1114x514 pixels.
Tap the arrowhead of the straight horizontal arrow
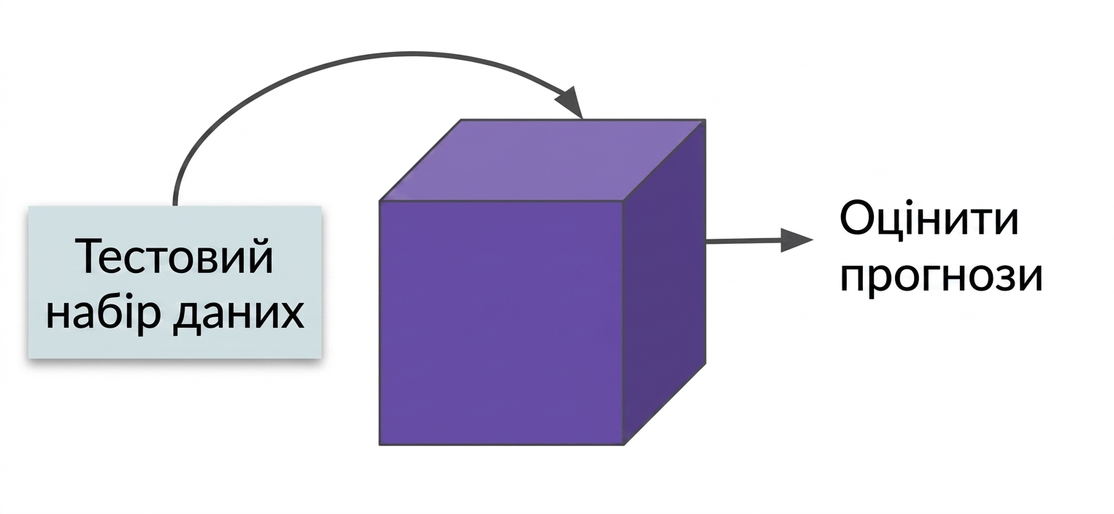click(x=796, y=239)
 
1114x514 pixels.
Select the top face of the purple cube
click(x=542, y=160)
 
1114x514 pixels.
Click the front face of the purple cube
click(x=502, y=323)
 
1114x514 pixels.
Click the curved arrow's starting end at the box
click(x=174, y=204)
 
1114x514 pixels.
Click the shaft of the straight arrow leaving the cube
click(x=744, y=242)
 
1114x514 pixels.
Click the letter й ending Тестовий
click(x=260, y=256)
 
